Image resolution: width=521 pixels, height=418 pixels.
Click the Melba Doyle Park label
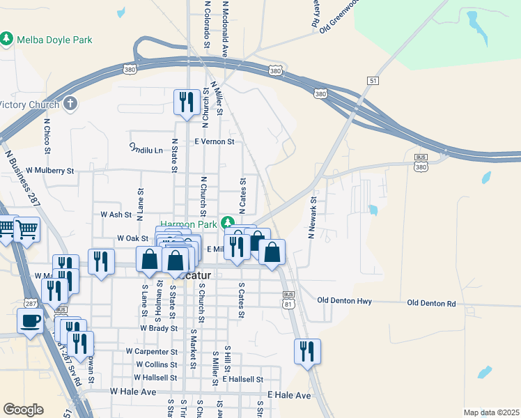[x=54, y=40]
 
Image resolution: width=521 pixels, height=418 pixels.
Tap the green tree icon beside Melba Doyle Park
[x=8, y=38]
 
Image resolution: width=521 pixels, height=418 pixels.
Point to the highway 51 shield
[x=374, y=81]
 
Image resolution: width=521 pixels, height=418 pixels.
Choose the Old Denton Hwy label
[x=344, y=301]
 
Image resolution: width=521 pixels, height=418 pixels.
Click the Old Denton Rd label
[x=431, y=304]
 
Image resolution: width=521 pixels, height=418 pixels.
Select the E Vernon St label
[x=214, y=141]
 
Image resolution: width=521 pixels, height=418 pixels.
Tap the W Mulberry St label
[x=50, y=170]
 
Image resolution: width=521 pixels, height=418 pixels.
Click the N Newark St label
[x=313, y=217]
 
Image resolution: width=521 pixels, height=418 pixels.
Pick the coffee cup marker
[x=30, y=321]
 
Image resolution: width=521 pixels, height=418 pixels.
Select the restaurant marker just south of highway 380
[x=185, y=103]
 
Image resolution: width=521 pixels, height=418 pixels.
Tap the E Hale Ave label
[x=290, y=395]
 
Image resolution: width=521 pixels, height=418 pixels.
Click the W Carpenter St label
[x=152, y=352]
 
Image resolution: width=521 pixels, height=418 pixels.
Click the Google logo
[x=23, y=410]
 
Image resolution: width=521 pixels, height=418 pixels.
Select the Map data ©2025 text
[x=490, y=412]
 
